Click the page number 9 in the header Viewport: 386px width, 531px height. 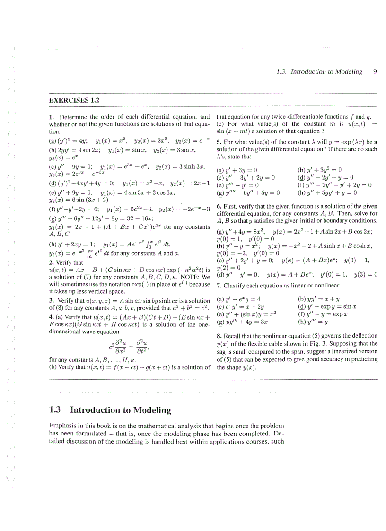pyautogui.click(x=375, y=72)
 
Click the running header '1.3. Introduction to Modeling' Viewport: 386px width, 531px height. pyautogui.click(x=319, y=72)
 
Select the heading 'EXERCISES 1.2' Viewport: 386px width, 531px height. pyautogui.click(x=74, y=100)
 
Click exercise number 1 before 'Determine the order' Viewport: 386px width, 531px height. pyautogui.click(x=51, y=117)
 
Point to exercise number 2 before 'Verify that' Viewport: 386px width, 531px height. pyautogui.click(x=51, y=262)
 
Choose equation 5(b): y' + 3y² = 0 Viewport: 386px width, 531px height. pyautogui.click(x=319, y=170)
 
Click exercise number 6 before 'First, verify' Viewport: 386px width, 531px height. pyautogui.click(x=219, y=206)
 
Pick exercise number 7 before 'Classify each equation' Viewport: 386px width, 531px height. pyautogui.click(x=219, y=286)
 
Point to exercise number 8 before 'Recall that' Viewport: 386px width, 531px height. pyautogui.click(x=219, y=336)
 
